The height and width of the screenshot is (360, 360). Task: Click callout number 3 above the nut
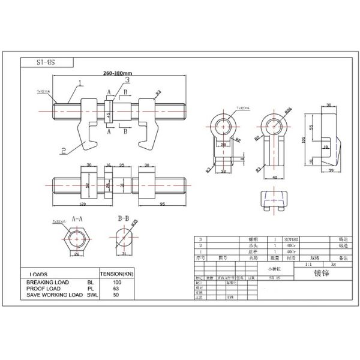127,80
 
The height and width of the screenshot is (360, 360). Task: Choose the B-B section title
124,220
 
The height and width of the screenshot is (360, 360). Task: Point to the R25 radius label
288,111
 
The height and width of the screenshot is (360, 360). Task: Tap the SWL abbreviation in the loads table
92,295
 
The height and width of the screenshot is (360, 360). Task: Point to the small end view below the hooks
274,200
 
